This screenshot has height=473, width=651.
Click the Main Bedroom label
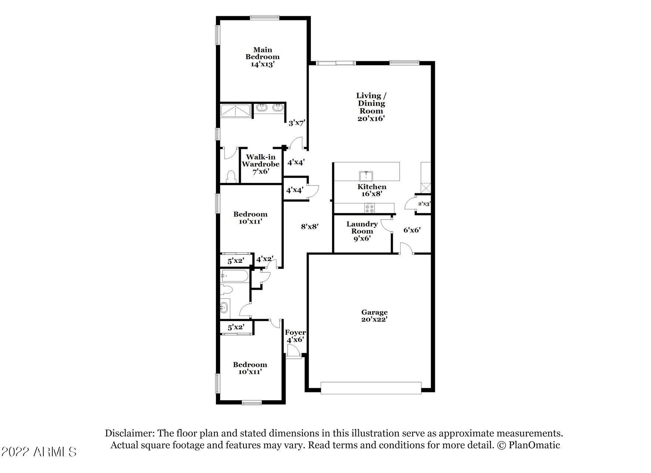[263, 57]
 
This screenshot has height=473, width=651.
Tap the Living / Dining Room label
[371, 107]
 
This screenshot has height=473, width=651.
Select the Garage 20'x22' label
[374, 316]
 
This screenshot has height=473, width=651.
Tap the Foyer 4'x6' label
[295, 336]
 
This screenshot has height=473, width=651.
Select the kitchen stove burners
[370, 208]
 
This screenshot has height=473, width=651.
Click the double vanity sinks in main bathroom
[270, 108]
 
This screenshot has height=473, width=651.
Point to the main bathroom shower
[236, 111]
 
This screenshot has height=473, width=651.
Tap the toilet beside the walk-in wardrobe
[232, 177]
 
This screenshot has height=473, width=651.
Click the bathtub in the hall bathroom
[235, 276]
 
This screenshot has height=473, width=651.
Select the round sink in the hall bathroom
[224, 307]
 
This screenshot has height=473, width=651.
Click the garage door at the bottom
[371, 388]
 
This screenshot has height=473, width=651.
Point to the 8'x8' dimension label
[310, 226]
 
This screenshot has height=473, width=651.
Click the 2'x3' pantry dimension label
[424, 204]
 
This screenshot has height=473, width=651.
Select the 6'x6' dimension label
[412, 230]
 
